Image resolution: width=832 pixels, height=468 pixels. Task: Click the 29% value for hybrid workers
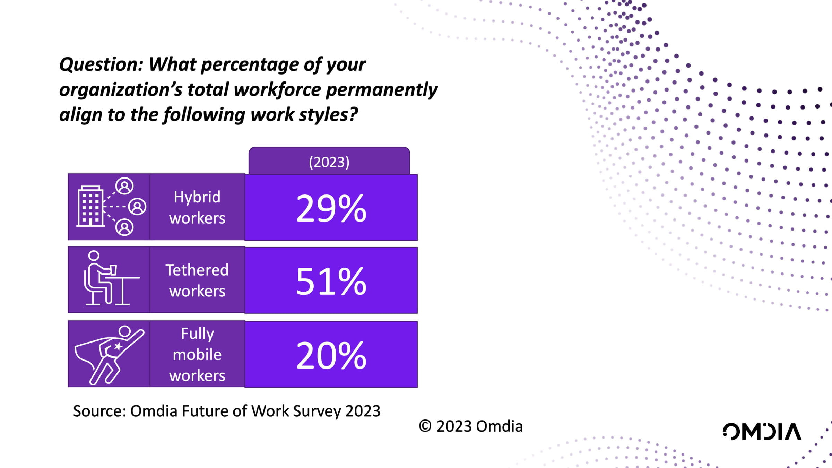coord(331,208)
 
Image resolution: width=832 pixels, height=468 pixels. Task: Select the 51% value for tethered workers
coord(331,281)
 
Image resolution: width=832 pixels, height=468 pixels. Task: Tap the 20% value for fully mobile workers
coord(331,355)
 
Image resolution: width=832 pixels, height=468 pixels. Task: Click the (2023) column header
coord(329,162)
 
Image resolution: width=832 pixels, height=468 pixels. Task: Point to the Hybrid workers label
coord(197,207)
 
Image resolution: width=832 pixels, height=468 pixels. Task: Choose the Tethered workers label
coord(197,280)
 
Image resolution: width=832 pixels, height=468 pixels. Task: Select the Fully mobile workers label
coord(197,354)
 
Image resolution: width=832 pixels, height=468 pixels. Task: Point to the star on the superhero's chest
coord(118,346)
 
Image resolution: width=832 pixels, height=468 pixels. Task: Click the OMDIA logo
coord(762,432)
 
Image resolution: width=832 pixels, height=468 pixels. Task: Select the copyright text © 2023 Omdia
coord(470,426)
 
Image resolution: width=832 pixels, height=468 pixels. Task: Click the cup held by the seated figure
coord(113,270)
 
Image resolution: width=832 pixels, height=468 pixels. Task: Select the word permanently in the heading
coord(382,89)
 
